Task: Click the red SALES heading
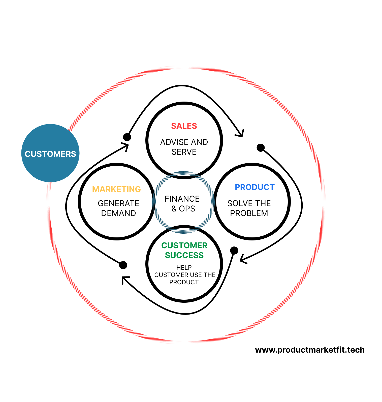click(184, 126)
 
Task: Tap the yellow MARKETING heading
click(116, 189)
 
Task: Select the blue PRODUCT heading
click(254, 187)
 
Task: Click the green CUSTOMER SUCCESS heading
click(184, 250)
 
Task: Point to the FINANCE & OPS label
click(182, 204)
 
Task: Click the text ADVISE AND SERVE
click(184, 147)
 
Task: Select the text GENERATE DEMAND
click(118, 208)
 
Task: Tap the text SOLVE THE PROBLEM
click(249, 208)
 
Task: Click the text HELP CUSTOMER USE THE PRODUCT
click(184, 275)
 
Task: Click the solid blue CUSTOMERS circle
click(50, 153)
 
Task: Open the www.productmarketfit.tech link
click(310, 350)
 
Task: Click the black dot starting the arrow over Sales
click(127, 137)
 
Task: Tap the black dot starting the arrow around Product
click(261, 148)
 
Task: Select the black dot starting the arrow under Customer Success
click(234, 250)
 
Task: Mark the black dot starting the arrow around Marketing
click(123, 265)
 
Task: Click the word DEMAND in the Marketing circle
click(118, 213)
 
